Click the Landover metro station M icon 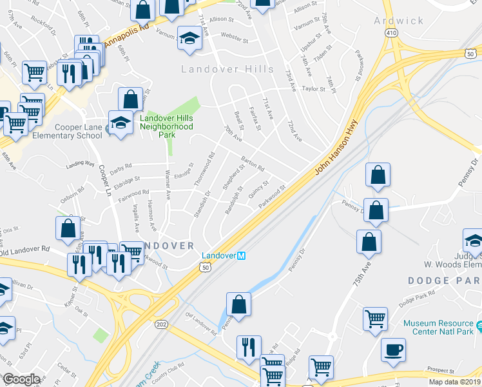click(242, 256)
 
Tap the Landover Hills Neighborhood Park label click(167, 126)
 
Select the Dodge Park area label click(444, 281)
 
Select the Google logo click(21, 379)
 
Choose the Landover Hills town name click(227, 69)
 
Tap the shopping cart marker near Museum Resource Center click(375, 318)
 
